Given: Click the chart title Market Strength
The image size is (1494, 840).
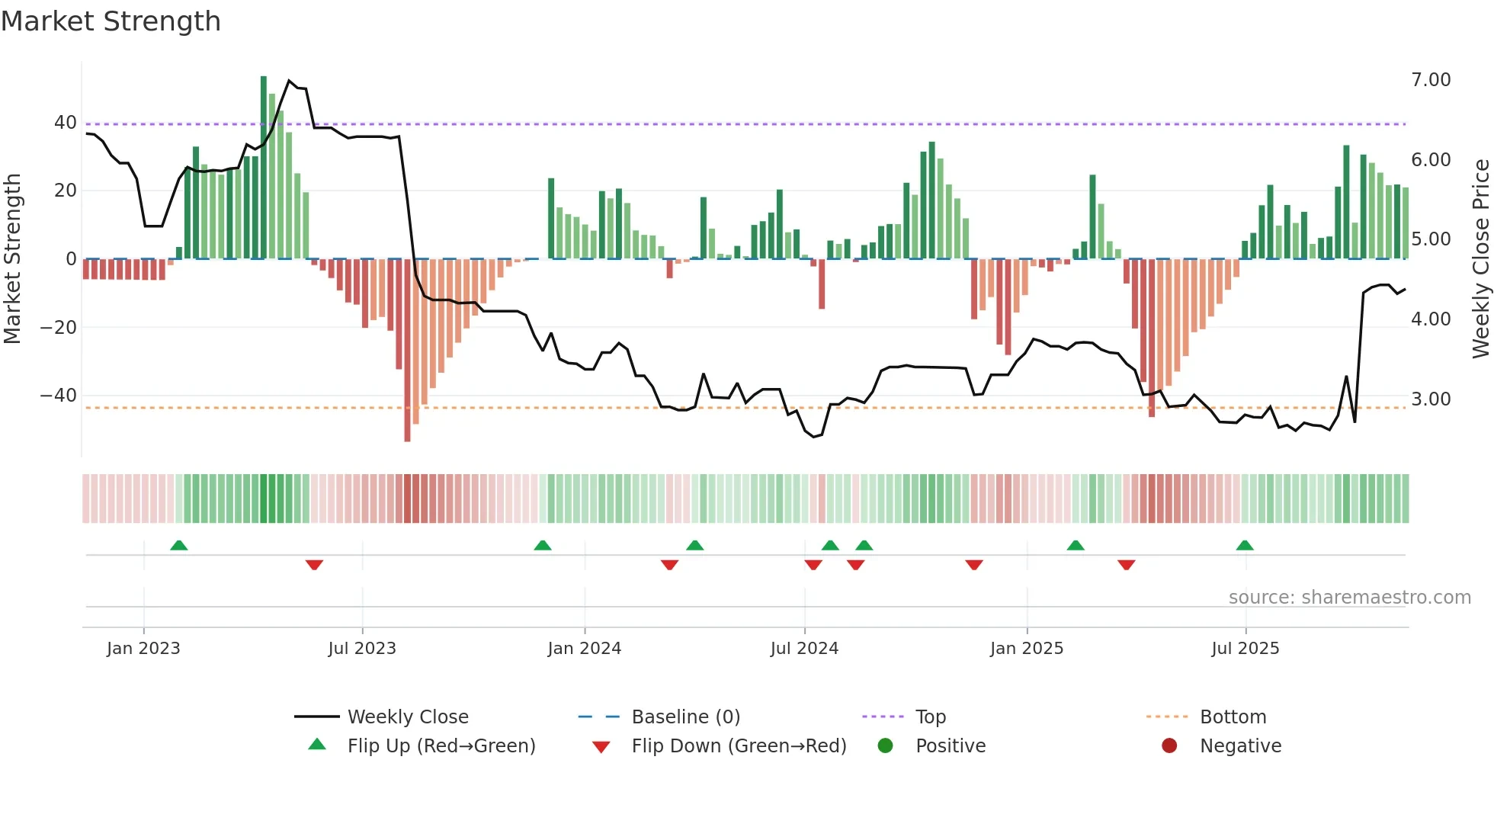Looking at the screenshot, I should [x=111, y=21].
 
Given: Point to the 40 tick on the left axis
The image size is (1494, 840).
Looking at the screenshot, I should [x=66, y=123].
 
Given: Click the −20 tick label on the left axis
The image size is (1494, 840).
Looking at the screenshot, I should [x=59, y=328].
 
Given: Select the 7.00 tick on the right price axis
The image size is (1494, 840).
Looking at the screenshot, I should [x=1431, y=80].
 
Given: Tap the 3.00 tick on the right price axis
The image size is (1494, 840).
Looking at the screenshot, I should [x=1431, y=399].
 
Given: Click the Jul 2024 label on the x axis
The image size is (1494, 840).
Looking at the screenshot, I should [x=804, y=649].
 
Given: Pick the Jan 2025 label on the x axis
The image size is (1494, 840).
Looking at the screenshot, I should [x=1026, y=649].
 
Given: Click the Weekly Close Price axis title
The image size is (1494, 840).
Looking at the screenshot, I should [x=1480, y=259].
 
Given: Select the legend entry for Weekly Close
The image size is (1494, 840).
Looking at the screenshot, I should [x=408, y=717].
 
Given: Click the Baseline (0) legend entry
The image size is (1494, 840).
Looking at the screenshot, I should [x=685, y=717].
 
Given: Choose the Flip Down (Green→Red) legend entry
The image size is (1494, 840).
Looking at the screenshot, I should [x=739, y=746].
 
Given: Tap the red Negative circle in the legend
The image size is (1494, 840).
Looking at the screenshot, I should [x=1169, y=746].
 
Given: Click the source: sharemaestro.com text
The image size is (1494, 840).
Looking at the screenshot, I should [x=1349, y=598].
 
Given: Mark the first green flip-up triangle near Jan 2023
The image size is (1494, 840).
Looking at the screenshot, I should [x=179, y=546].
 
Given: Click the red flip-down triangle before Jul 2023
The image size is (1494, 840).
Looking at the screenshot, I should [x=314, y=565].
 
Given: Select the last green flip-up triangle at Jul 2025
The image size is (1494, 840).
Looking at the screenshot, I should [x=1245, y=546].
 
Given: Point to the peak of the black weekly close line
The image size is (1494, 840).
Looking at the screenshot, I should [x=289, y=80].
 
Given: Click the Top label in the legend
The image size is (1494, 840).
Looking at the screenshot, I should [x=930, y=717].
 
